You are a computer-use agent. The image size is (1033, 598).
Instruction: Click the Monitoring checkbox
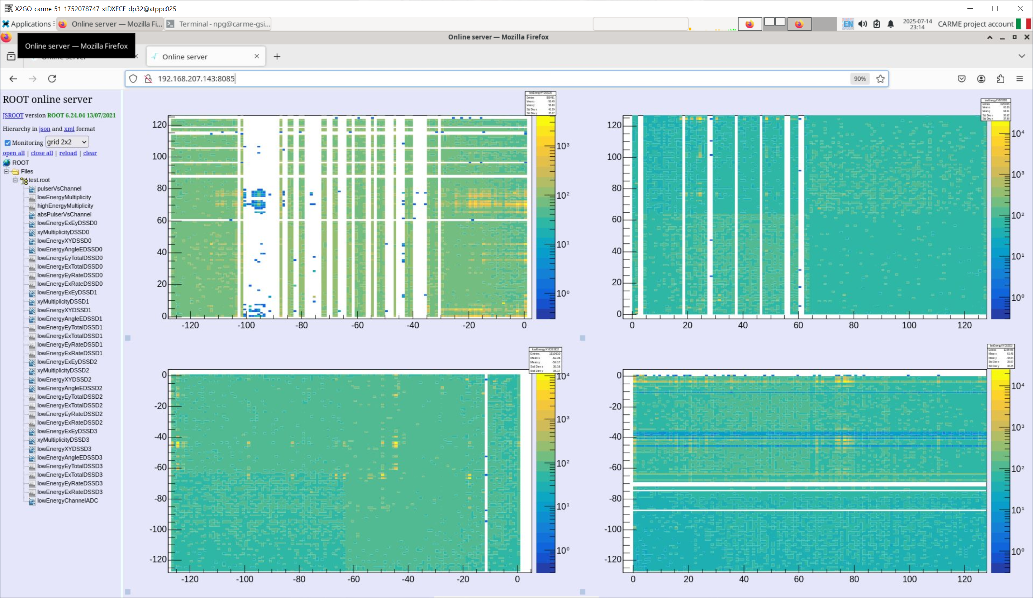(8, 143)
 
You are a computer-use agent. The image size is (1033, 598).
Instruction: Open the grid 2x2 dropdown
(67, 142)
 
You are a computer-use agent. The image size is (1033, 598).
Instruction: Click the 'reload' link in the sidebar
(68, 153)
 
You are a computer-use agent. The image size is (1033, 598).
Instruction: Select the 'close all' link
(42, 153)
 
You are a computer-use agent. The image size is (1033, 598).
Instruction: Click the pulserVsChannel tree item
(59, 189)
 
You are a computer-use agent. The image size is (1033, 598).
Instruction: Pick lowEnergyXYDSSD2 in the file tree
(64, 379)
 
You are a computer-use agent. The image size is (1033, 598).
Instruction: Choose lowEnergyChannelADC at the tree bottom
(67, 500)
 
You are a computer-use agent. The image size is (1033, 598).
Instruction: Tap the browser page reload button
(52, 79)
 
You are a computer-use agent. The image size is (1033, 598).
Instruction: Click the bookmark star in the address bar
(880, 79)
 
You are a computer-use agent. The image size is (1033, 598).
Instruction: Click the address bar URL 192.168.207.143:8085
(196, 79)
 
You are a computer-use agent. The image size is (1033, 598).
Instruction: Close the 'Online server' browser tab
(257, 56)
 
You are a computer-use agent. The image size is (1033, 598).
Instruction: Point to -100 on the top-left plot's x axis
(246, 325)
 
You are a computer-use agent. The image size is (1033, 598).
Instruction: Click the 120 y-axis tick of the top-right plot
(614, 125)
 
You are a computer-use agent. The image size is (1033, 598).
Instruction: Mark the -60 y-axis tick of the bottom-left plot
(160, 467)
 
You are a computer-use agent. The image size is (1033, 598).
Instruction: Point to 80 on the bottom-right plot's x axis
(854, 579)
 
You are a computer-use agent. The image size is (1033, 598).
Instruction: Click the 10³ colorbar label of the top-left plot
(563, 146)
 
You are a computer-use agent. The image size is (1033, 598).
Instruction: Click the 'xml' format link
(69, 129)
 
